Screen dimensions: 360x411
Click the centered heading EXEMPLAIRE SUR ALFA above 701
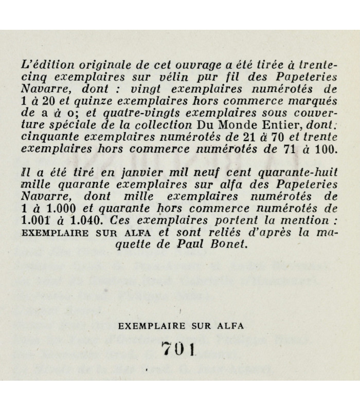click(180, 325)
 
